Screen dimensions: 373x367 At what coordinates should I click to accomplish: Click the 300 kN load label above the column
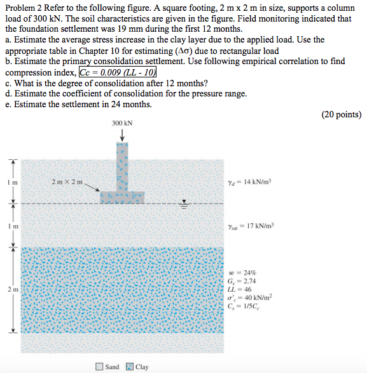click(122, 123)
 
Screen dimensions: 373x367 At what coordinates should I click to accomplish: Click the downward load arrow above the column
click(122, 136)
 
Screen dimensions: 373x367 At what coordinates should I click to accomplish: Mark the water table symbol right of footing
click(185, 204)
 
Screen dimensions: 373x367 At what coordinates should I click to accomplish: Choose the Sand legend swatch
click(99, 367)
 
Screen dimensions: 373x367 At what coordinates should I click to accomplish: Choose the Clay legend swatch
click(130, 367)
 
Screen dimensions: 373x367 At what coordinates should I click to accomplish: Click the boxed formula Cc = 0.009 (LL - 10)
click(118, 72)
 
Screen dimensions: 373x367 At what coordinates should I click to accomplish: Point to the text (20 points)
click(342, 115)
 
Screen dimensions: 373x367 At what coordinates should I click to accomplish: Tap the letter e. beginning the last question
click(8, 104)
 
